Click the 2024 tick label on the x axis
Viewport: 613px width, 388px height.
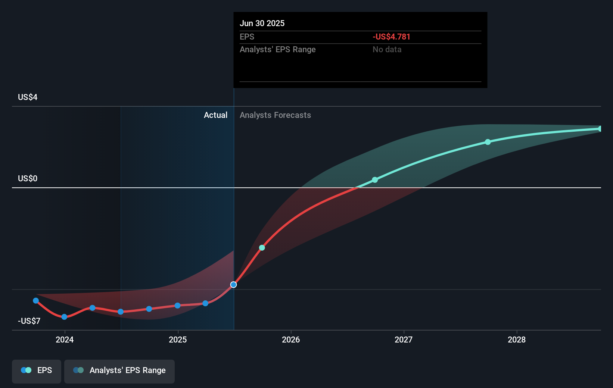coord(65,339)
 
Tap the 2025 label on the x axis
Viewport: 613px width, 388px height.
coord(178,339)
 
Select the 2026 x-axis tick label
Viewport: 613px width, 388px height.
coord(291,339)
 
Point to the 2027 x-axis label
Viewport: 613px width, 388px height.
coord(404,339)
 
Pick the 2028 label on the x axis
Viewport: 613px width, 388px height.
coord(517,339)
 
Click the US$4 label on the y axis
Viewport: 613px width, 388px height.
coord(28,97)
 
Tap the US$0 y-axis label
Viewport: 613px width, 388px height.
coord(28,179)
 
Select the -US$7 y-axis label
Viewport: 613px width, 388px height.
coord(29,321)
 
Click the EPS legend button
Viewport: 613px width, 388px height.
coord(37,370)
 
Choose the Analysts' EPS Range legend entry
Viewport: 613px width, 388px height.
coord(119,370)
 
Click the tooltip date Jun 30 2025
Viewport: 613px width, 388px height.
coord(262,24)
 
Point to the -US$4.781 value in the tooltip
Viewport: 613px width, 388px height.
coord(391,37)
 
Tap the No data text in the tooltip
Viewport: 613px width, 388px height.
coord(387,50)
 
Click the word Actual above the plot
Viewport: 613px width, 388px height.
coord(215,115)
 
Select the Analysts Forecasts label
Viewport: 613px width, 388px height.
coord(275,115)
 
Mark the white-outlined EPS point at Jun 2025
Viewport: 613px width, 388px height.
coord(234,285)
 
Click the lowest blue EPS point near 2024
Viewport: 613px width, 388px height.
coord(64,317)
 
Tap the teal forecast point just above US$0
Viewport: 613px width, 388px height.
coord(375,180)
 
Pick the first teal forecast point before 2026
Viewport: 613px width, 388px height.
coord(262,248)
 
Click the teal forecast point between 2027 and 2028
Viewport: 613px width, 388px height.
coord(488,142)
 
